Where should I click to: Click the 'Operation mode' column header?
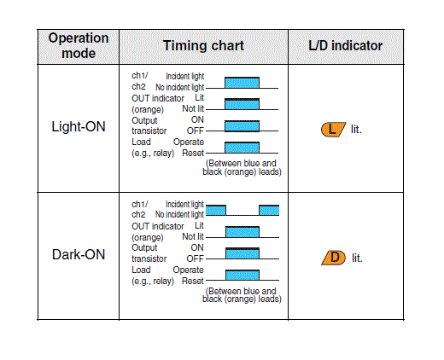79,46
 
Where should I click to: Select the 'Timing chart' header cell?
203,46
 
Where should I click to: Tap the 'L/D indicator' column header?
346,46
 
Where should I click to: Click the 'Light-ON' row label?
79,126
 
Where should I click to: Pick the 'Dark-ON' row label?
79,254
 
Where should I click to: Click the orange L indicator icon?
333,130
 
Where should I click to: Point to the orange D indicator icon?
334,258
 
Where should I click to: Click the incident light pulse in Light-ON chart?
242,83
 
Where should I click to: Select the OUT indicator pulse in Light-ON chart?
242,104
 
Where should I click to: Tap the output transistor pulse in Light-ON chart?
242,126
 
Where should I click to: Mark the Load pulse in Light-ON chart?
242,148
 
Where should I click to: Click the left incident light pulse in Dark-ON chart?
216,210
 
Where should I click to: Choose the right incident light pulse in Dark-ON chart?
269,210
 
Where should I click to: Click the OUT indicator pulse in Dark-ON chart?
242,232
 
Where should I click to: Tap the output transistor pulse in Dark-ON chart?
242,253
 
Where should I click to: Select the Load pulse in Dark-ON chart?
242,275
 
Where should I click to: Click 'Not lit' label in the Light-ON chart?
193,108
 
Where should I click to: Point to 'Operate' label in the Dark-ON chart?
188,270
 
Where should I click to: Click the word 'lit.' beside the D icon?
357,258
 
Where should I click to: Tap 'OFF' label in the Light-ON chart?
196,131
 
